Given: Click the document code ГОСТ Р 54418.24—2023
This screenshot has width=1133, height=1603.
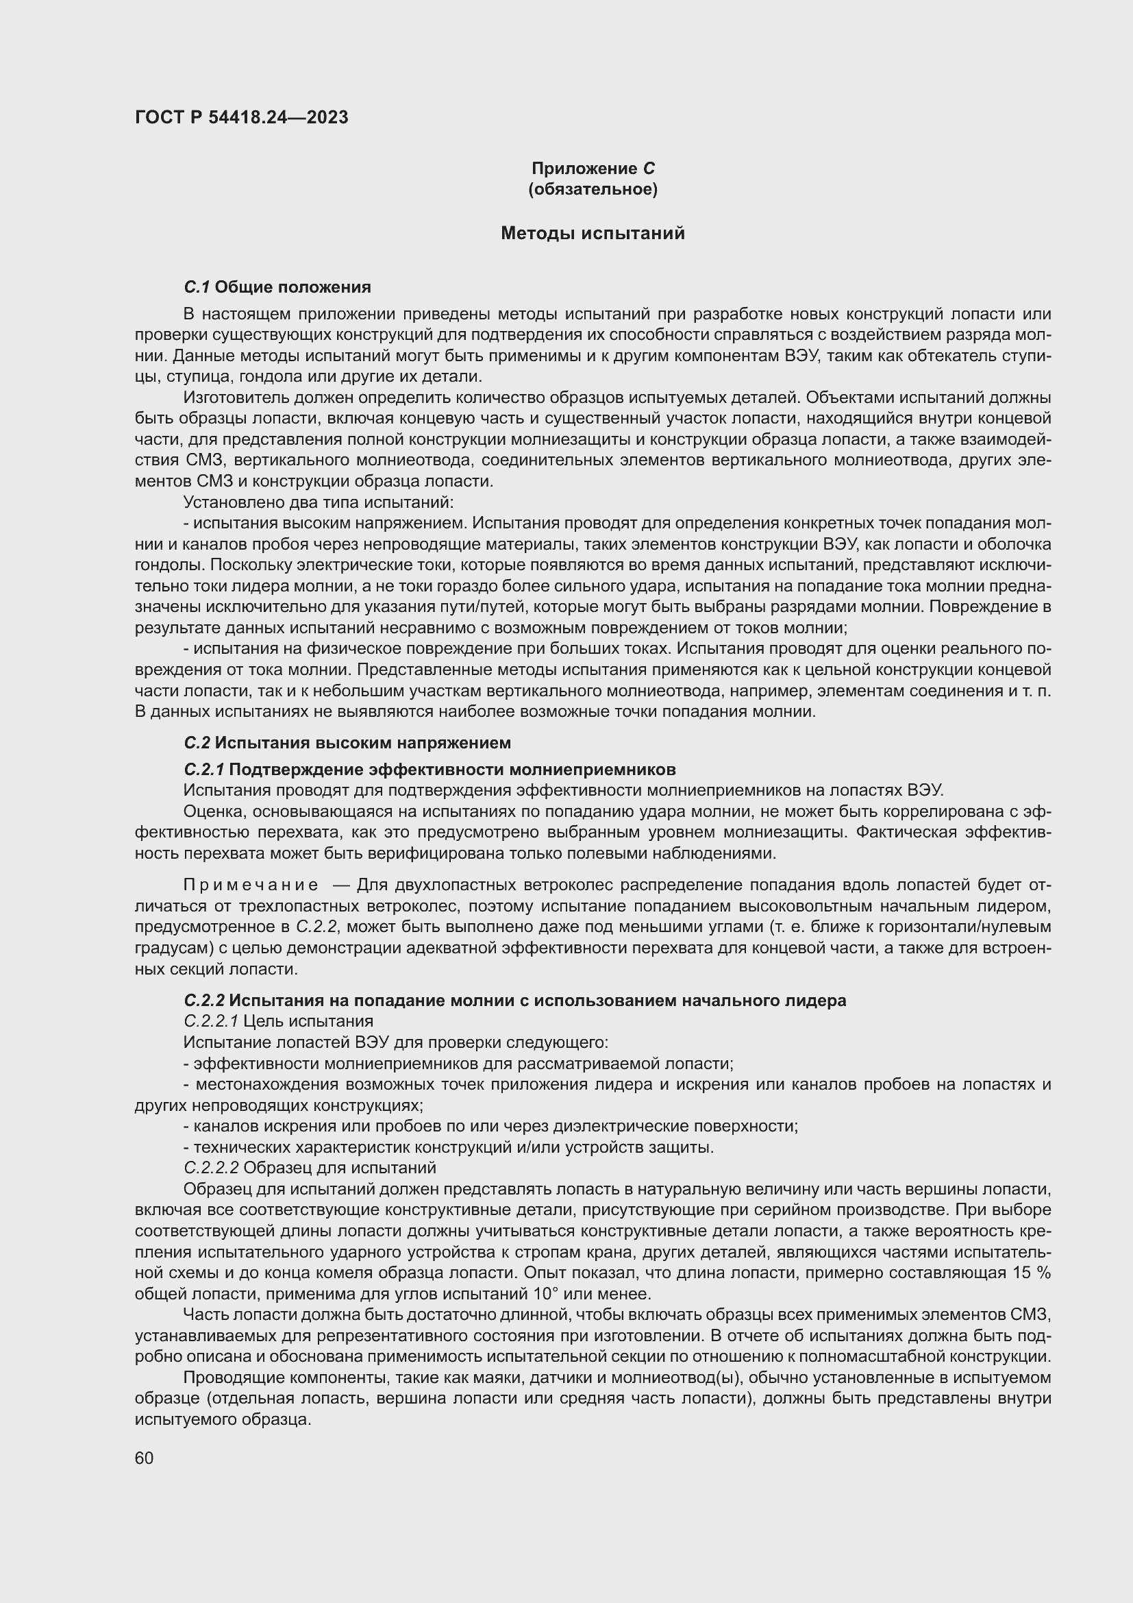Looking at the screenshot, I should tap(241, 117).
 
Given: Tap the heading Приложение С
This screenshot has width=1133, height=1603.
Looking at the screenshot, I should tap(593, 169).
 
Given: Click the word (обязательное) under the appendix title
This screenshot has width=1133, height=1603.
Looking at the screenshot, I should tap(593, 189).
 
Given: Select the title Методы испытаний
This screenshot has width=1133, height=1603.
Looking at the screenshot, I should tap(593, 233).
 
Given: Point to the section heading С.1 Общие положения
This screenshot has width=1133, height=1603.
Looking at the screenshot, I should tap(277, 287).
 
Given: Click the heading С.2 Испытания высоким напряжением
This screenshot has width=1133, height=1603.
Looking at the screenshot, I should tap(347, 742).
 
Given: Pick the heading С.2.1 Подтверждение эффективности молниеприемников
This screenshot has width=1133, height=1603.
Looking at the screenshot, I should tap(429, 770).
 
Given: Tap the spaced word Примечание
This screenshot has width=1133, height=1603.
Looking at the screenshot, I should tap(251, 885).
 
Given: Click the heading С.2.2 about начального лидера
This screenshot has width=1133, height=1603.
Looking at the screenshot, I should tap(514, 1001).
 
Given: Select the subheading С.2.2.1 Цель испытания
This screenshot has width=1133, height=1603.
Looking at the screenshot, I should tap(277, 1021).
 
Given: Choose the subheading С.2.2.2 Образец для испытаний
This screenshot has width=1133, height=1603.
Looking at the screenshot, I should tap(309, 1167).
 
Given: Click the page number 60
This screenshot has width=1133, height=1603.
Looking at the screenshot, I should tap(144, 1458).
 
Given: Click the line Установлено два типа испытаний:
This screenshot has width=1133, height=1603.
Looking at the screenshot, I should tap(318, 502).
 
